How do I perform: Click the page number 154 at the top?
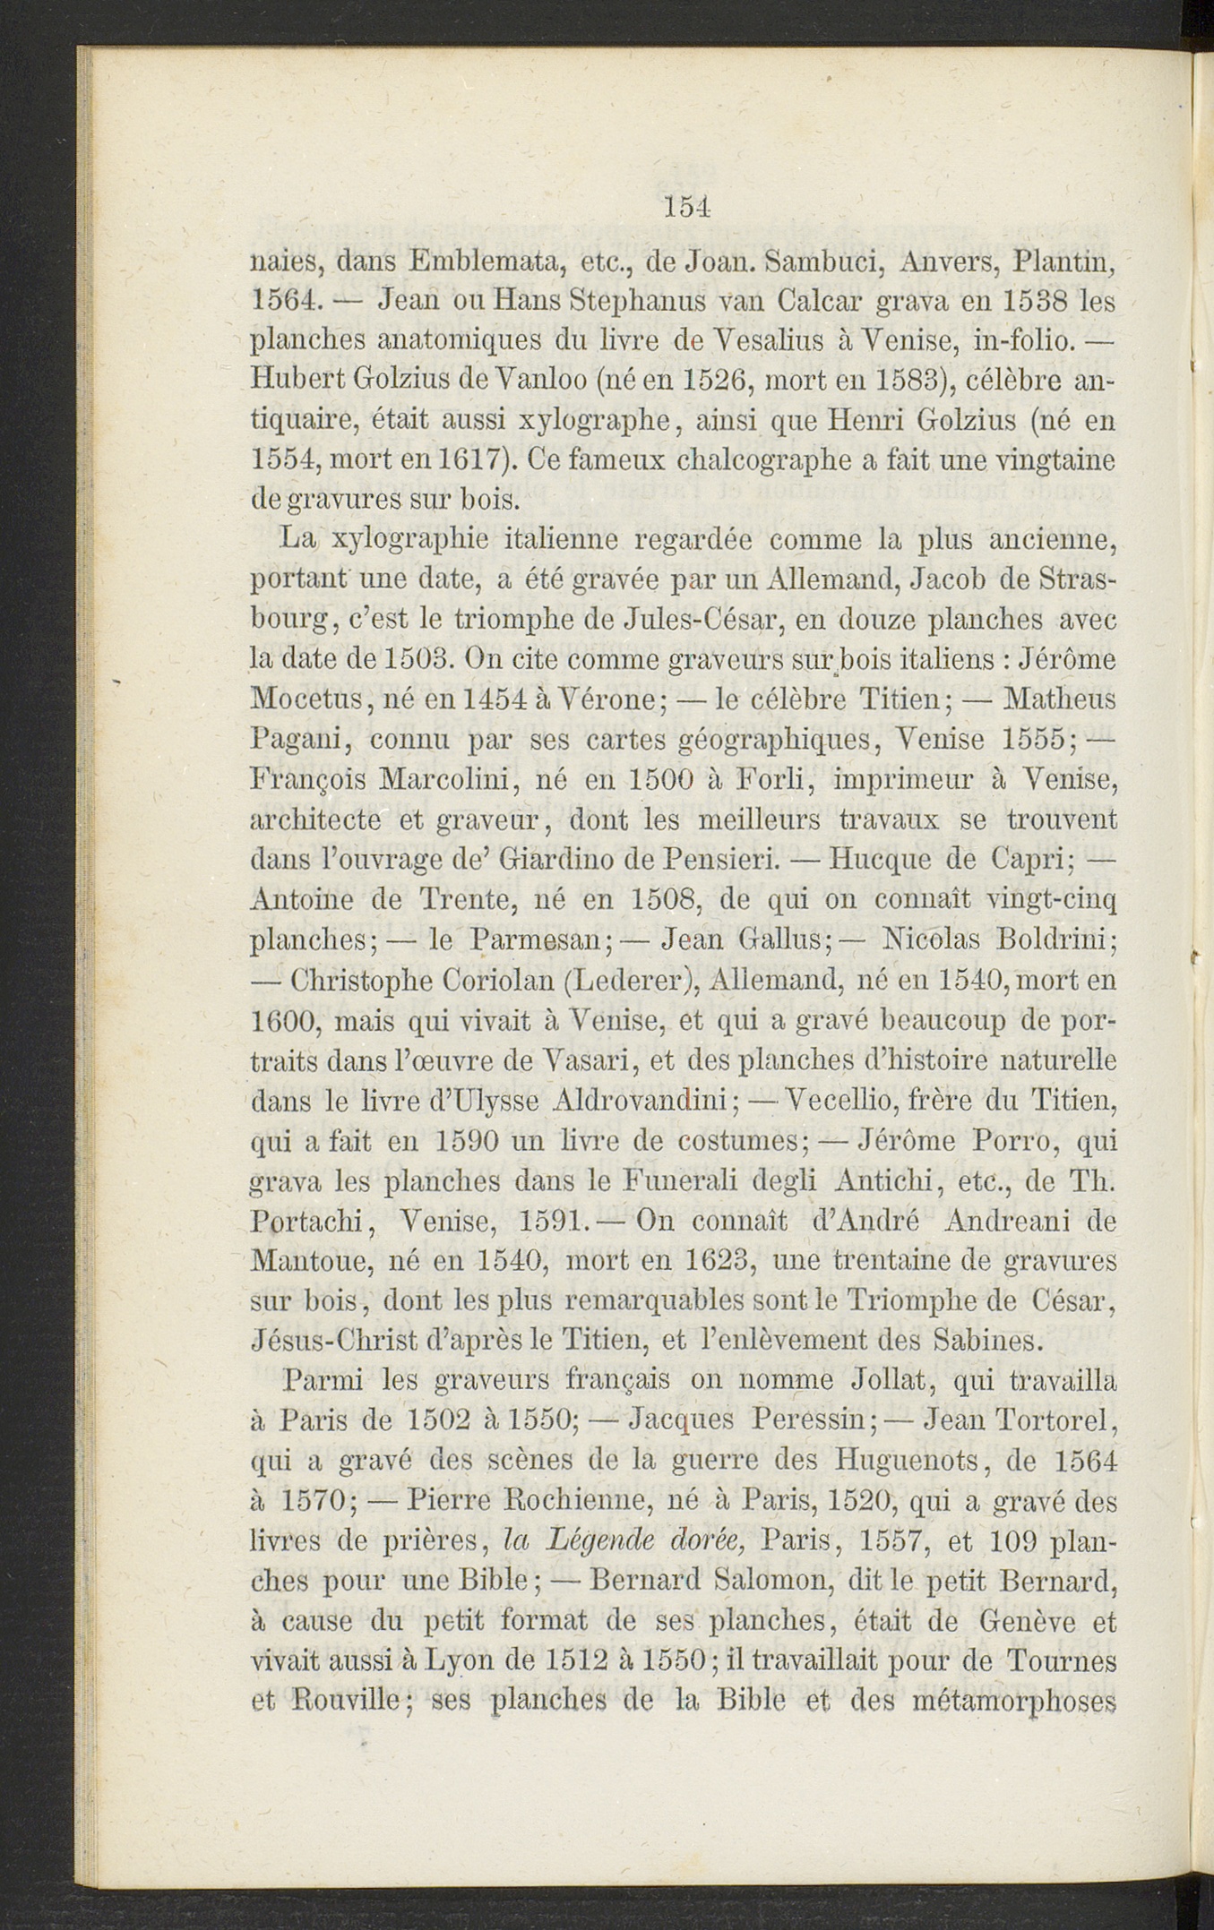pyautogui.click(x=688, y=207)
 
